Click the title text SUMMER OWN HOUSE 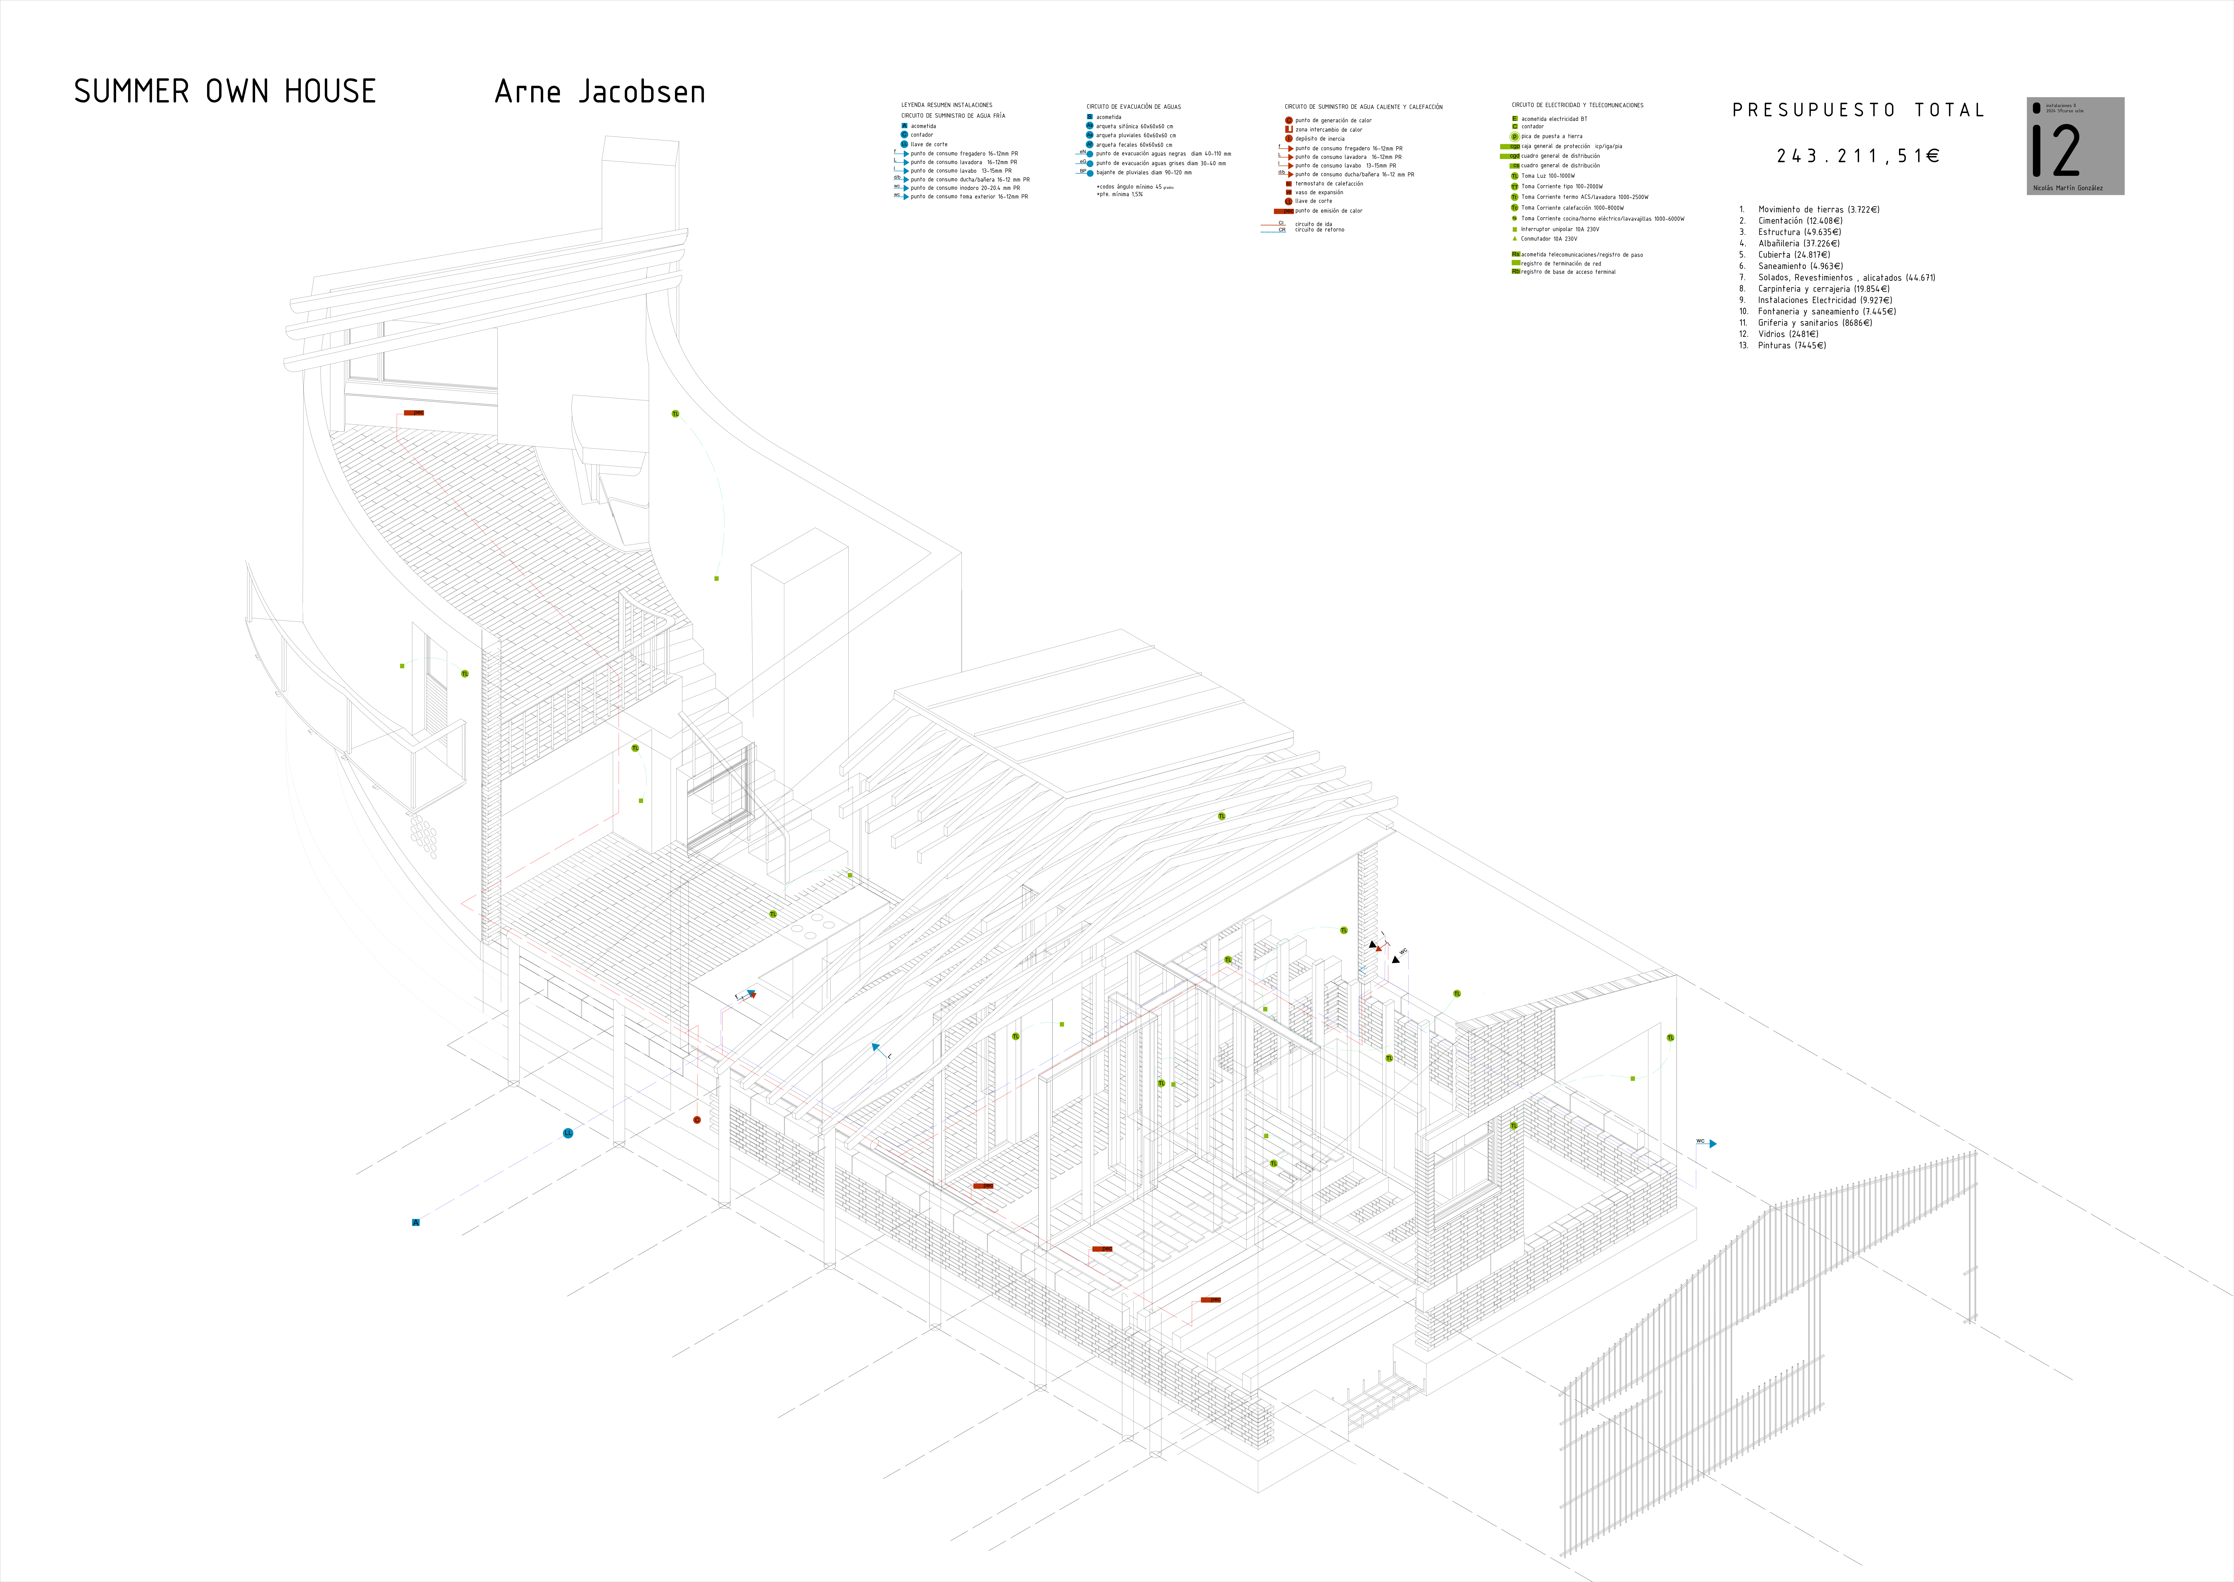225,91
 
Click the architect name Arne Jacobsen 600,91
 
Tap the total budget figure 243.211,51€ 1857,156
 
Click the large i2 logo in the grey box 2057,151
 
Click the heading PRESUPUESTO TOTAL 1857,110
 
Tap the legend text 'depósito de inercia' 1320,138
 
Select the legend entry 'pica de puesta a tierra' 1551,136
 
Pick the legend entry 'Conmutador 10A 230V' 1548,239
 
